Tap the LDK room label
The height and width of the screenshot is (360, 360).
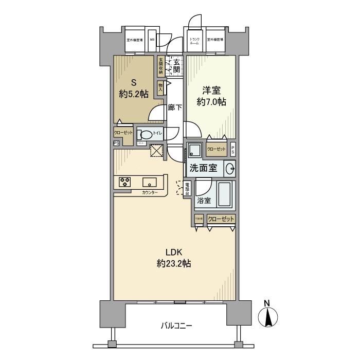click(x=174, y=253)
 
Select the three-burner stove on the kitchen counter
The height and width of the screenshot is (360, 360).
click(x=125, y=182)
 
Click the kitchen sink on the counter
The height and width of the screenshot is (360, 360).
click(x=150, y=182)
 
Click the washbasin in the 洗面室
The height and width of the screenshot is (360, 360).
click(x=230, y=168)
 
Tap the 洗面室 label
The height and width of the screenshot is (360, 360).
click(x=205, y=168)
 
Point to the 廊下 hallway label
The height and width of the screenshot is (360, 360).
click(x=175, y=107)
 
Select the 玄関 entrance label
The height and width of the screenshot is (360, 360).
click(x=176, y=65)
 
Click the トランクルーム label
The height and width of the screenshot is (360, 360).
click(x=194, y=41)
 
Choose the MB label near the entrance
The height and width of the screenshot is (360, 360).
click(x=152, y=39)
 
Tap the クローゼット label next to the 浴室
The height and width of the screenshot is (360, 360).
click(x=222, y=219)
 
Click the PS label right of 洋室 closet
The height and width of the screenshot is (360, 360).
click(x=233, y=149)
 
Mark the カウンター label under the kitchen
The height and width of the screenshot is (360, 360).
click(x=151, y=192)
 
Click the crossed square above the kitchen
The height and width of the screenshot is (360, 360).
click(x=155, y=151)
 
